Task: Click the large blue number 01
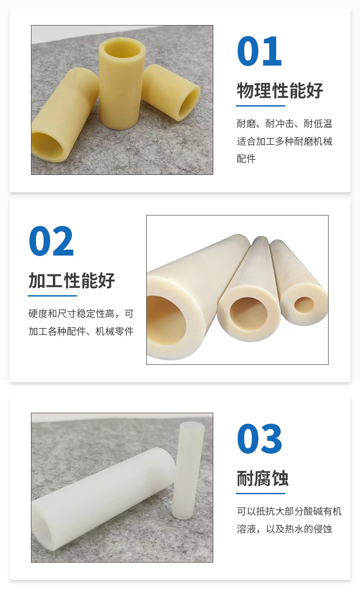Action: pos(259,51)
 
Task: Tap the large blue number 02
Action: pos(51,241)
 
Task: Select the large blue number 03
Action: pos(259,439)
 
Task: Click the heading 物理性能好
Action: pos(280,91)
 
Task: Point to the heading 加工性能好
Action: pos(72,281)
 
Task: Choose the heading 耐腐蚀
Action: pos(262,479)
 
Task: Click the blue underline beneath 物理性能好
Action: pos(261,106)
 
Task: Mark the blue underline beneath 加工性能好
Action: pos(52,296)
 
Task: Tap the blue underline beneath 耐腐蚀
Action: pos(261,493)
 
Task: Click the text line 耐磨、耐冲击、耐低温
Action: pos(284,124)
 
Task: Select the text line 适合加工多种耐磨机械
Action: pos(284,141)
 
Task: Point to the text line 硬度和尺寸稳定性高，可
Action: pos(81,314)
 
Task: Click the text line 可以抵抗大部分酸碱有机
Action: pos(289,512)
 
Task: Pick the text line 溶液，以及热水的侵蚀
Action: pos(284,529)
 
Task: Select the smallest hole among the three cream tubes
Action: pos(304,304)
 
